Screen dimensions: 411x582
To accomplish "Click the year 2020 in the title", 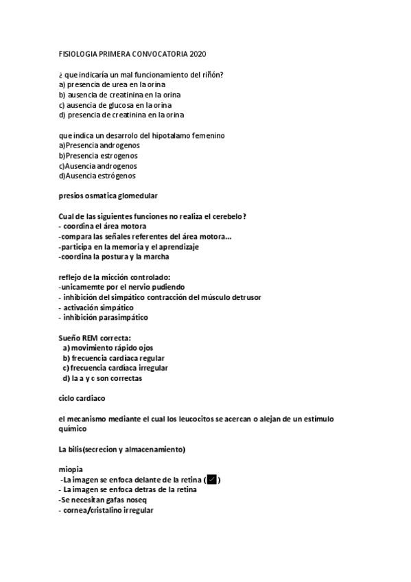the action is [197, 54].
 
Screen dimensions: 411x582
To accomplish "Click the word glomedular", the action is [135, 196].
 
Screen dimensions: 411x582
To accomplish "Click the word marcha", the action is [154, 257].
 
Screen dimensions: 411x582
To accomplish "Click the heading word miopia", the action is [71, 469].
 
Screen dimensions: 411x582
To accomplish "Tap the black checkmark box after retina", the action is [213, 479].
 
